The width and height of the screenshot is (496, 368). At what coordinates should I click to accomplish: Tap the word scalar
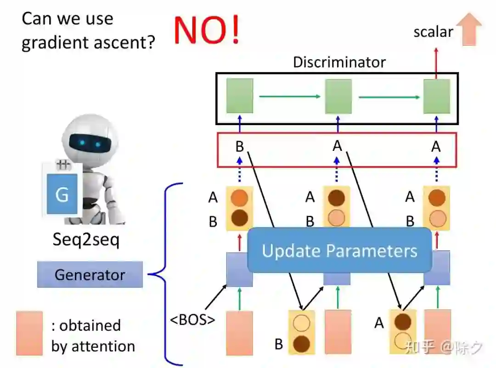point(433,32)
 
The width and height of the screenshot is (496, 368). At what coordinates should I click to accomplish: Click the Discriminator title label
point(339,62)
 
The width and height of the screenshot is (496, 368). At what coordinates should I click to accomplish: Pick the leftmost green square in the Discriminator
point(239,96)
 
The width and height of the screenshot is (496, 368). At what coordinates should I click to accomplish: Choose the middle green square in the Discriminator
point(338,96)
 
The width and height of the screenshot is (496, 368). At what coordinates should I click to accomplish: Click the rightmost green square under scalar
point(436,96)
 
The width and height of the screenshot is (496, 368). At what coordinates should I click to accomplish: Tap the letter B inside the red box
point(239,147)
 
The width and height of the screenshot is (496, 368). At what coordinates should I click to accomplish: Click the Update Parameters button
point(339,251)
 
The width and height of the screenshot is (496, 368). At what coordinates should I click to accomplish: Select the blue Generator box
point(90,275)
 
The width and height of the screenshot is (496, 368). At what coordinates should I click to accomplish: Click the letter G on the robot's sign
point(62,195)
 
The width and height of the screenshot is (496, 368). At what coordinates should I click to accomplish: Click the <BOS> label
point(192,319)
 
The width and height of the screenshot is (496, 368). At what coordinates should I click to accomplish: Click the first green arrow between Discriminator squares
point(289,97)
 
